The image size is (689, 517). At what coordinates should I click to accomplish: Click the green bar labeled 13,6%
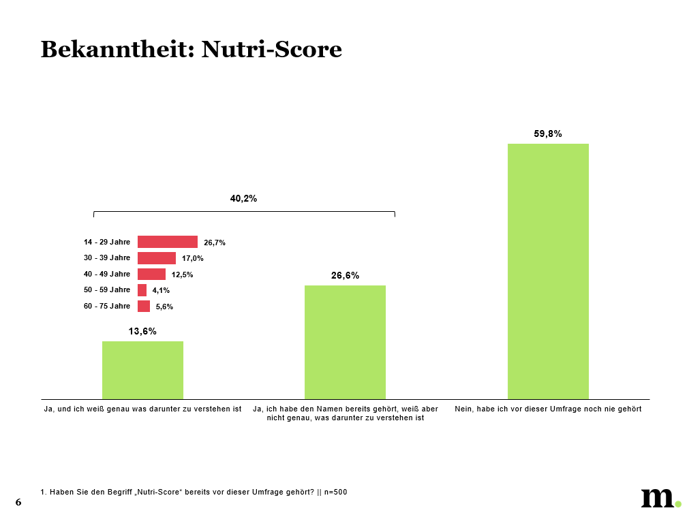(142, 370)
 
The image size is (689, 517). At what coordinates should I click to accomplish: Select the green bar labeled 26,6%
(345, 342)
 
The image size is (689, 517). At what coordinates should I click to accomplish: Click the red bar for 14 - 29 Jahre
(167, 242)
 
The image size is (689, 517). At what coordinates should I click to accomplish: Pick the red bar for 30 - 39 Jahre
(156, 258)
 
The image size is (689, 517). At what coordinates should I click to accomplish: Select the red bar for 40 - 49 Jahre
(151, 274)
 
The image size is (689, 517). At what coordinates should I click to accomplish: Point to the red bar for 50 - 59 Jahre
(142, 290)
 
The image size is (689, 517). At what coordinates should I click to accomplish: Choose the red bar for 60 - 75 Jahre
(143, 306)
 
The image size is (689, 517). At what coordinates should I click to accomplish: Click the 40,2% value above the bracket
(243, 199)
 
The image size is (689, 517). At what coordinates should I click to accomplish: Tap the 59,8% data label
(547, 134)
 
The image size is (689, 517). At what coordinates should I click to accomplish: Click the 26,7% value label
(214, 242)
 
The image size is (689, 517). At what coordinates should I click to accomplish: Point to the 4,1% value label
(161, 291)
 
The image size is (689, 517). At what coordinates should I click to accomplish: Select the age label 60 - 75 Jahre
(107, 306)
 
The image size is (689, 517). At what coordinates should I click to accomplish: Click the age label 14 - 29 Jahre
(107, 242)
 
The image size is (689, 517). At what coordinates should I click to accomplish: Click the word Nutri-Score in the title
(272, 49)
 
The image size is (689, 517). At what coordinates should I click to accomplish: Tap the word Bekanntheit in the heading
(117, 49)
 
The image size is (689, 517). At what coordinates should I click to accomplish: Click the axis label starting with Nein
(548, 409)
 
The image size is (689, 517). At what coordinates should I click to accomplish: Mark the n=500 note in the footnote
(335, 492)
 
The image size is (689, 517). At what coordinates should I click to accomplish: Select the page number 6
(18, 503)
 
